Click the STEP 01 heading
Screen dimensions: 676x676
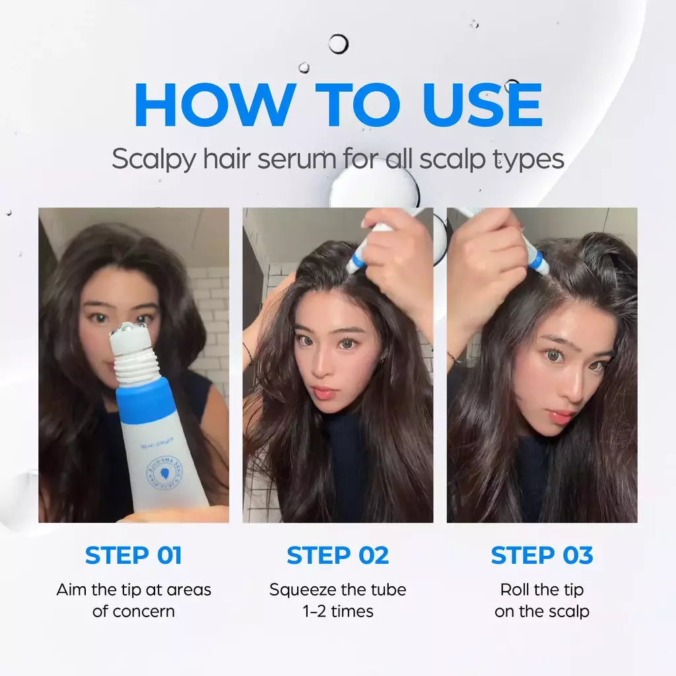click(133, 556)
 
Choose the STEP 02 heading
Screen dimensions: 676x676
click(338, 556)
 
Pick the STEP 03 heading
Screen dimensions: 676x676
click(542, 556)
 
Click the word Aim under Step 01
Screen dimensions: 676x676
click(71, 590)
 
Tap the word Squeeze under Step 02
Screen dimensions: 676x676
click(302, 590)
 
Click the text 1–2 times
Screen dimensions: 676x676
click(338, 611)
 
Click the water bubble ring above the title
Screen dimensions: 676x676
click(338, 44)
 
